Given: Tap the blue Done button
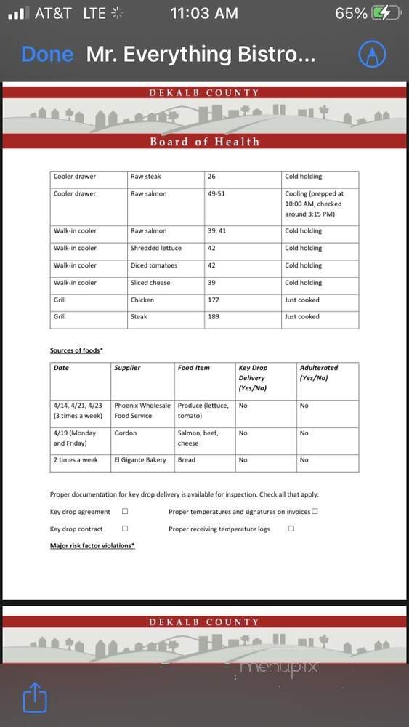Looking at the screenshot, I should click(47, 55).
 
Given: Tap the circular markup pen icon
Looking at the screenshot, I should click(372, 54).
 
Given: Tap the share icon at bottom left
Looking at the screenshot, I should click(35, 699).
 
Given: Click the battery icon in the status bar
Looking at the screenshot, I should click(385, 13).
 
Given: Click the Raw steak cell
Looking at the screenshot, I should click(146, 177).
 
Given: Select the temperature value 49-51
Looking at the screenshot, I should click(216, 194).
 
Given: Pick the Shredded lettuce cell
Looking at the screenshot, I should click(155, 249).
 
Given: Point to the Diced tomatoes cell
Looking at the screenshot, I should click(153, 265).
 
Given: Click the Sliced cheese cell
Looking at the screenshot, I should click(150, 283).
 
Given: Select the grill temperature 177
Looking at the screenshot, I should click(214, 300).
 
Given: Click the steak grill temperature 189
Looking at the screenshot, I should click(214, 317).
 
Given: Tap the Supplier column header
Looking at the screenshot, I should click(127, 368).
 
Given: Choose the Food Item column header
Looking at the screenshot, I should click(193, 368).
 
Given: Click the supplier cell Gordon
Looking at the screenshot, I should click(125, 433).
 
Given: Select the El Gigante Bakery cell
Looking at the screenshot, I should click(140, 460).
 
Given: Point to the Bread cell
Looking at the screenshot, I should click(186, 460).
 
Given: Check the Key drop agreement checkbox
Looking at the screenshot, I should click(125, 512).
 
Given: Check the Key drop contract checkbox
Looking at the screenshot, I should click(125, 529).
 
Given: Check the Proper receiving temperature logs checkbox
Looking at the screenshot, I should click(291, 529).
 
